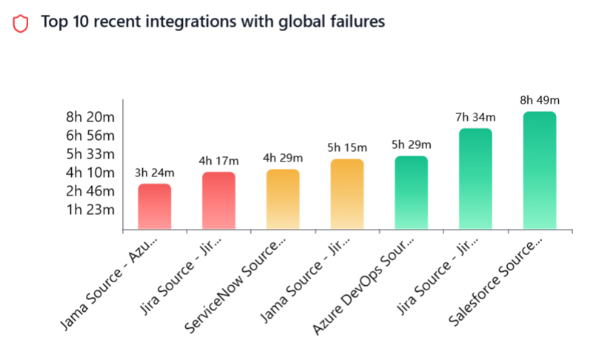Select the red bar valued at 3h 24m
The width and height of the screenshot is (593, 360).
coord(155,207)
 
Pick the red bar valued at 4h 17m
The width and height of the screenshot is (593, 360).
coord(218,201)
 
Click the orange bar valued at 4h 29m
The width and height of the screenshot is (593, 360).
coord(283,199)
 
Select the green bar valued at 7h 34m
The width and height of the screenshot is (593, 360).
coord(475,179)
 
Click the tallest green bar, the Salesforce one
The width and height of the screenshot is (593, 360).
coord(540,170)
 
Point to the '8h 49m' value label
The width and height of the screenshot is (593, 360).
coord(540,101)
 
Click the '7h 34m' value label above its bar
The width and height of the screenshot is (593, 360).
coord(475,117)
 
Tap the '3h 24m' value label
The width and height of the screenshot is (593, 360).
coord(155,173)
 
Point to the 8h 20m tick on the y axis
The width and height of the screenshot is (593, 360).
coord(90,117)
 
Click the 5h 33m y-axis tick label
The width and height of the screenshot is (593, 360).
coord(90,154)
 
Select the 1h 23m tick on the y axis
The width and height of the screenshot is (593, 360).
coord(90,210)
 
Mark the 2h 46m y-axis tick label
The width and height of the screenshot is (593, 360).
coord(90,191)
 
